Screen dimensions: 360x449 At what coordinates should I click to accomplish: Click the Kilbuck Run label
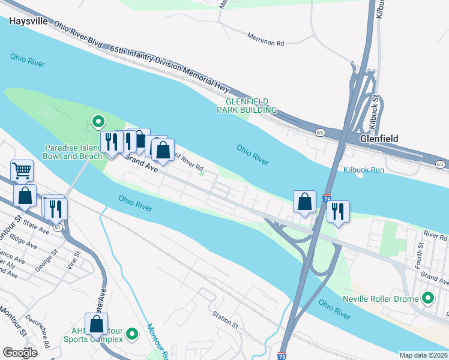(363, 170)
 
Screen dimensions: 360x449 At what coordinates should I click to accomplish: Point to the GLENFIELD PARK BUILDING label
(247, 106)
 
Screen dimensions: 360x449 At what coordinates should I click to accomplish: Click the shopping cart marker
(22, 170)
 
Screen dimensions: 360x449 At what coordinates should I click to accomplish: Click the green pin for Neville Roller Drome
(428, 298)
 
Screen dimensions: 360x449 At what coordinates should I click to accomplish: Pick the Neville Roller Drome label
(380, 299)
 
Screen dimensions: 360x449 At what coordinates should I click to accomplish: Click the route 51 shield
(57, 227)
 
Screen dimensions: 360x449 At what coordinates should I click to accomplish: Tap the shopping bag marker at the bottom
(96, 324)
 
